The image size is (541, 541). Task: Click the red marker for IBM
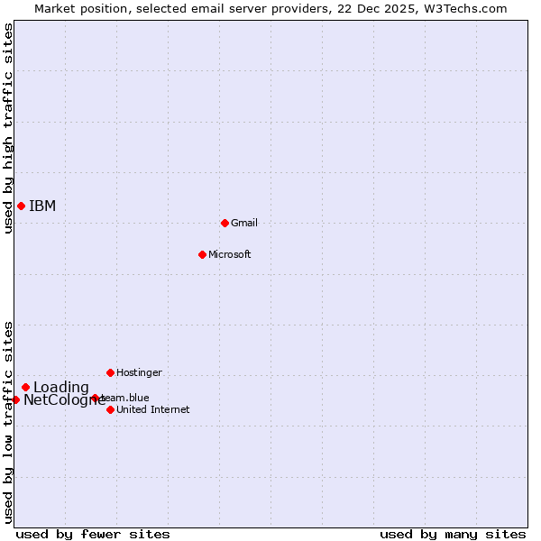[21, 206]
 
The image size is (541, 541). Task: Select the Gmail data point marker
[225, 223]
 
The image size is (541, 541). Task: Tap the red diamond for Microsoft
[202, 254]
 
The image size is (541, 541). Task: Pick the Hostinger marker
[110, 372]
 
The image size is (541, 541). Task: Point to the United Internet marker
[110, 409]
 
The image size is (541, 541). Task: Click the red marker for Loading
[25, 387]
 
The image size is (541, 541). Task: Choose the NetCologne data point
[15, 399]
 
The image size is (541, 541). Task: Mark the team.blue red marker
[95, 398]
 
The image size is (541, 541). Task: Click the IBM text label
[42, 206]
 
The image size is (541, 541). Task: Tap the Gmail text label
[244, 223]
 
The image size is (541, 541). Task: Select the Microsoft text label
[229, 254]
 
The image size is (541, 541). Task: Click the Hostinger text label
[139, 372]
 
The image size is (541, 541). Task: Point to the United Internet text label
[152, 409]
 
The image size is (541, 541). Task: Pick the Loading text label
[61, 388]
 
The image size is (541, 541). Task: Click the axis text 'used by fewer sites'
[93, 534]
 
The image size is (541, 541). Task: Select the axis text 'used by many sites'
[453, 534]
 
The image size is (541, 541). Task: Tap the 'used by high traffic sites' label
[8, 129]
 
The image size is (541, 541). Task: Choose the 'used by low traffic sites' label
[8, 422]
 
